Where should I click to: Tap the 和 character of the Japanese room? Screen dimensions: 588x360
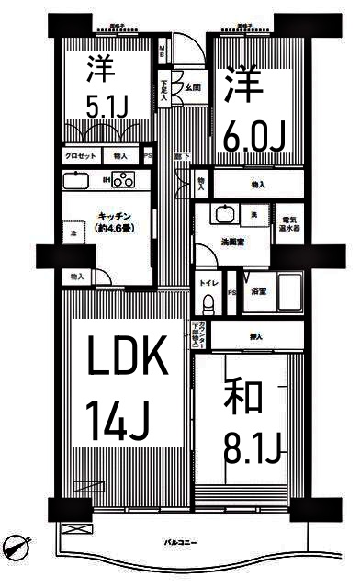[242, 398]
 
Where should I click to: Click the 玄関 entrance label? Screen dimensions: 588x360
[193, 88]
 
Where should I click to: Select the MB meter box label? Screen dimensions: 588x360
[162, 51]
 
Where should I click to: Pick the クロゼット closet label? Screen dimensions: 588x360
[80, 157]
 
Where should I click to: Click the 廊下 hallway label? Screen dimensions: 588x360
[181, 156]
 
